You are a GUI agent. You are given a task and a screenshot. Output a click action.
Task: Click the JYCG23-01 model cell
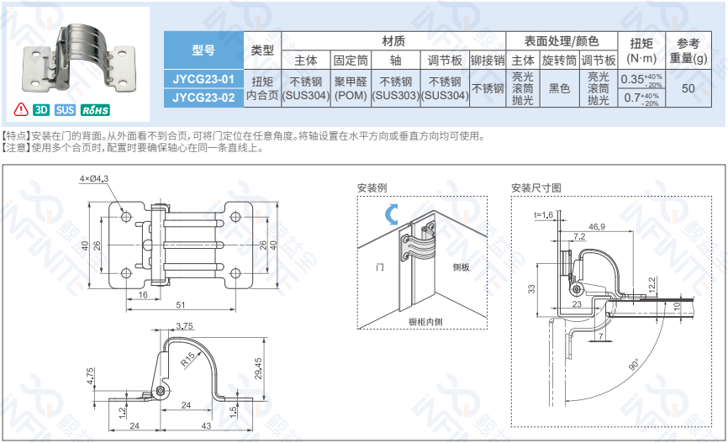click(x=203, y=80)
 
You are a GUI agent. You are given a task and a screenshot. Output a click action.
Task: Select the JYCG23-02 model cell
click(x=203, y=97)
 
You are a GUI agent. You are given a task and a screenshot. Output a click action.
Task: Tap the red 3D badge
click(x=41, y=110)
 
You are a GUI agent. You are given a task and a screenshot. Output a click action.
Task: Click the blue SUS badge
click(x=66, y=110)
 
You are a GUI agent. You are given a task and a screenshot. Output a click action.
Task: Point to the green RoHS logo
click(x=97, y=110)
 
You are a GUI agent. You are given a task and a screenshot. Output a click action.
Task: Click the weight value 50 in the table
click(x=688, y=88)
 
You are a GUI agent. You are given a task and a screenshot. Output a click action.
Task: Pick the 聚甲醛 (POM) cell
click(x=351, y=88)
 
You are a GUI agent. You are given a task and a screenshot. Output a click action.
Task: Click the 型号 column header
click(x=203, y=50)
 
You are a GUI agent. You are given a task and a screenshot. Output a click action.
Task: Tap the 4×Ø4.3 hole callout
click(x=95, y=179)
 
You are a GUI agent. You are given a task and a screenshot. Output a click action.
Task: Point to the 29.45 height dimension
click(x=257, y=367)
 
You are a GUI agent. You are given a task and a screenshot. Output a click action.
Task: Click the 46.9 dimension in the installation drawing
click(x=597, y=227)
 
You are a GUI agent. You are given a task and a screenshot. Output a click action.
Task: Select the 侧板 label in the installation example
click(x=461, y=266)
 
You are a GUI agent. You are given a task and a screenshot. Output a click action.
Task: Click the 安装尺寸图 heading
click(x=535, y=187)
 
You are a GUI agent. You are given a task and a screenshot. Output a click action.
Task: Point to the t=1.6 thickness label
click(x=544, y=215)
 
